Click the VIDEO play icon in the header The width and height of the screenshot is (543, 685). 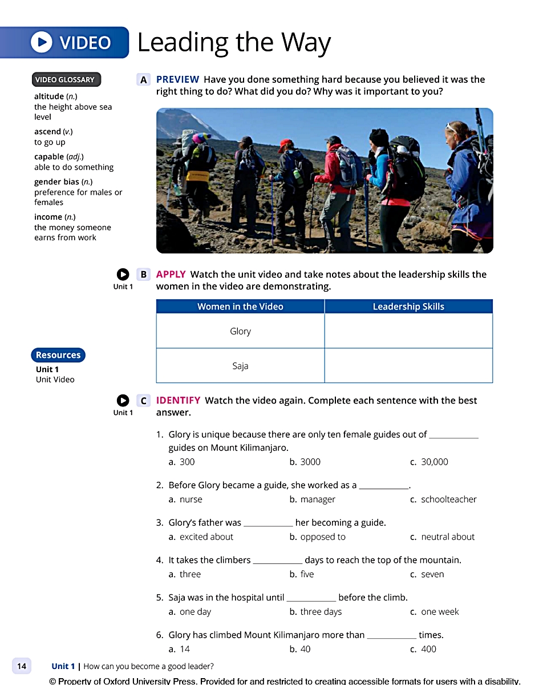[41, 42]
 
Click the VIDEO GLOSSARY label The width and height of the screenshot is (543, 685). [64, 79]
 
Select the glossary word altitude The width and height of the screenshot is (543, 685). [49, 96]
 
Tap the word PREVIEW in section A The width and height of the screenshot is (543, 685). [177, 79]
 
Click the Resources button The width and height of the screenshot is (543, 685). [58, 355]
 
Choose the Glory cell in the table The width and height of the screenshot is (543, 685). [240, 331]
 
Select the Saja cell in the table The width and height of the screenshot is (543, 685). [240, 366]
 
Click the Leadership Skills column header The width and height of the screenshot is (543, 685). [408, 307]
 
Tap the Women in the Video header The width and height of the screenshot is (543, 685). [240, 307]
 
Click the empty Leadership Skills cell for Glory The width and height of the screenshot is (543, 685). [408, 331]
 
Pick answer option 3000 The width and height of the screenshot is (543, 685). [310, 462]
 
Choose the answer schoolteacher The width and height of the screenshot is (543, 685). [448, 499]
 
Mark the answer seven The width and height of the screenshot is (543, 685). [432, 574]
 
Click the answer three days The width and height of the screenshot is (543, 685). [321, 612]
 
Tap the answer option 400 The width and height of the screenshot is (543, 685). [428, 649]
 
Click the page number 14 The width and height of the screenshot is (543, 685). [22, 666]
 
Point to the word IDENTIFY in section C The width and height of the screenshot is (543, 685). [178, 400]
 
